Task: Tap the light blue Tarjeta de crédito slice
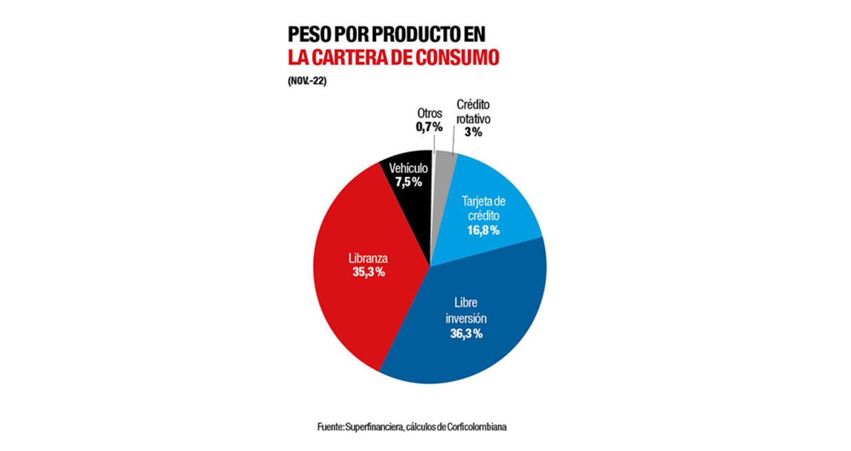click(x=492, y=193)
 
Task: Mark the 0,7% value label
click(x=429, y=126)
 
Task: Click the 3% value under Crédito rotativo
click(x=473, y=132)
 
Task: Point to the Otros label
click(x=429, y=113)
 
